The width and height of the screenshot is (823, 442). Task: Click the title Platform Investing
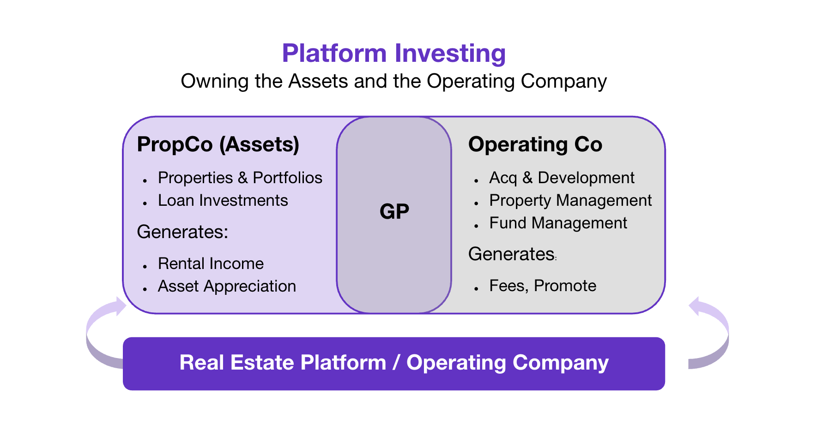(393, 53)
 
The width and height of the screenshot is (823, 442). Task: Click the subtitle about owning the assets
(393, 81)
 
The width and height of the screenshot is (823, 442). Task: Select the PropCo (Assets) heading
(218, 144)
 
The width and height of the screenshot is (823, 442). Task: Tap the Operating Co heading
(535, 144)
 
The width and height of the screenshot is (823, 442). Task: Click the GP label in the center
(394, 212)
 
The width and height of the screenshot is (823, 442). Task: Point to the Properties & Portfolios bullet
(240, 178)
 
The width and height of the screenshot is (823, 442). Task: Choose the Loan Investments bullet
(223, 200)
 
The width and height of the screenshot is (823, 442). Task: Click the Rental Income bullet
(211, 263)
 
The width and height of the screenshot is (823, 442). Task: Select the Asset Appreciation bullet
(227, 286)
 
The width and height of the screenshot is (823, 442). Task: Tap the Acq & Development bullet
(562, 178)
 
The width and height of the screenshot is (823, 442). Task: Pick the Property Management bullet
(570, 200)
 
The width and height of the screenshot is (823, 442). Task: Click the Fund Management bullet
(558, 223)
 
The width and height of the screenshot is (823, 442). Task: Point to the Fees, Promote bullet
(543, 286)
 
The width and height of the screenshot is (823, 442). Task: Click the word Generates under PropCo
(182, 232)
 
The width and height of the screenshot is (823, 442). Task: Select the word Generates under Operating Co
(512, 254)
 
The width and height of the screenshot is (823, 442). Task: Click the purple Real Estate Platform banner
(393, 363)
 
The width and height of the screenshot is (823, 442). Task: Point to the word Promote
(565, 286)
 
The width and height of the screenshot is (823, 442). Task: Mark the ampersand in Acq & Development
(527, 178)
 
